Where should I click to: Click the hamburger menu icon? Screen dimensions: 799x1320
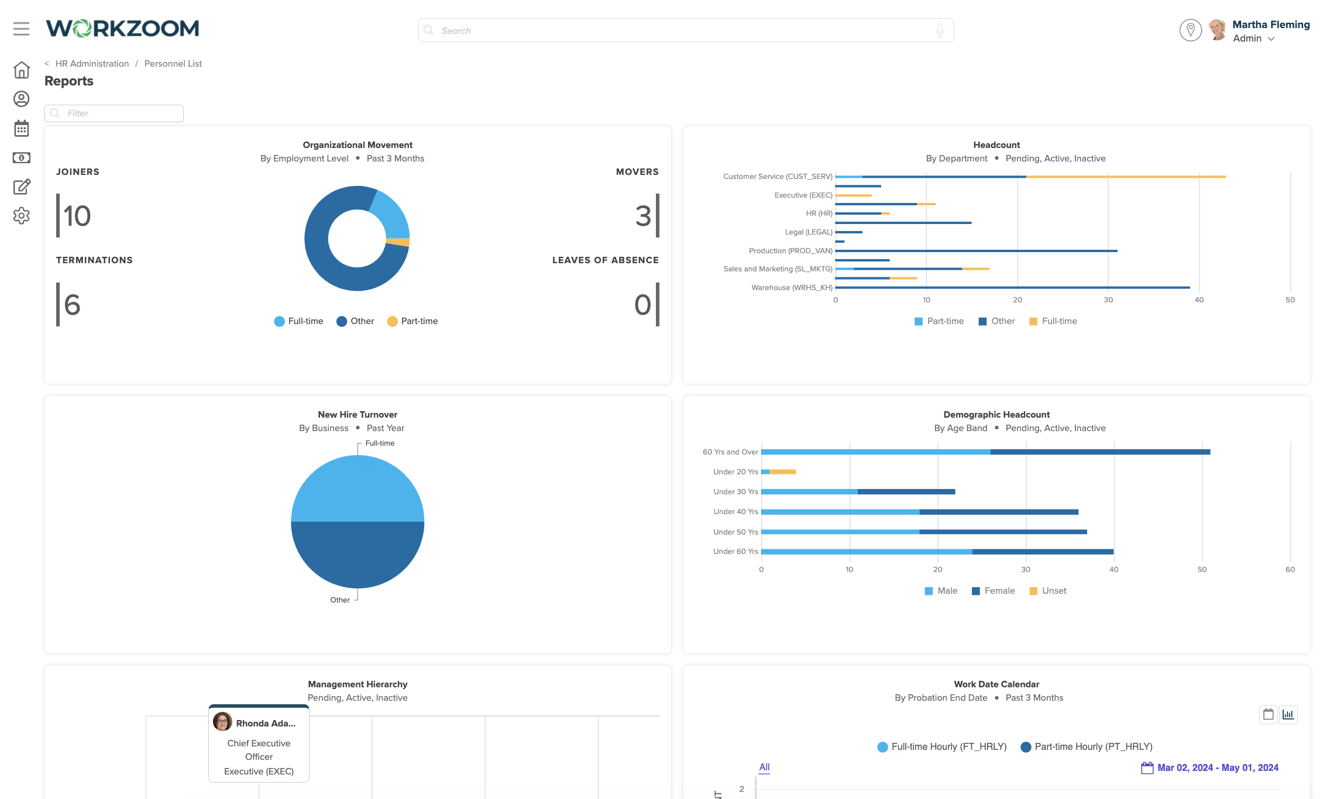coord(21,29)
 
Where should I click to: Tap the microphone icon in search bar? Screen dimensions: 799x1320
coord(940,30)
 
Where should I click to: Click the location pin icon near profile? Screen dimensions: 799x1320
coord(1190,30)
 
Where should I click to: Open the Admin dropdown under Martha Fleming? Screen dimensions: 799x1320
coord(1253,39)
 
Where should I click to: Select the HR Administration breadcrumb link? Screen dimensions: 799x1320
coord(92,64)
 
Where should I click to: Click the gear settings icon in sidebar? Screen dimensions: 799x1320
coord(22,216)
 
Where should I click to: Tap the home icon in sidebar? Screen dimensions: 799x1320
coord(22,70)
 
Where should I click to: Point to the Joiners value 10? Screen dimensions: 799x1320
coord(77,216)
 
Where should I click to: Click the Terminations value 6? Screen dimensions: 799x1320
coord(72,305)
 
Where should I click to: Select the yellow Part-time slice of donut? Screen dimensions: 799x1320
coord(398,242)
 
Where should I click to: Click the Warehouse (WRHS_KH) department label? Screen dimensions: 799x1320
coord(791,288)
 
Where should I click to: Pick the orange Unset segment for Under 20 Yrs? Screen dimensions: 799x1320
coord(782,472)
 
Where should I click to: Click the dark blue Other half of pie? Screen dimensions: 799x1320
coord(357,556)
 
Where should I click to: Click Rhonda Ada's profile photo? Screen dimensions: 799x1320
coord(222,722)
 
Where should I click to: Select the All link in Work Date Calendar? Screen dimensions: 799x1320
coord(764,767)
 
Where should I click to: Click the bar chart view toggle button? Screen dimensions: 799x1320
coord(1288,714)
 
